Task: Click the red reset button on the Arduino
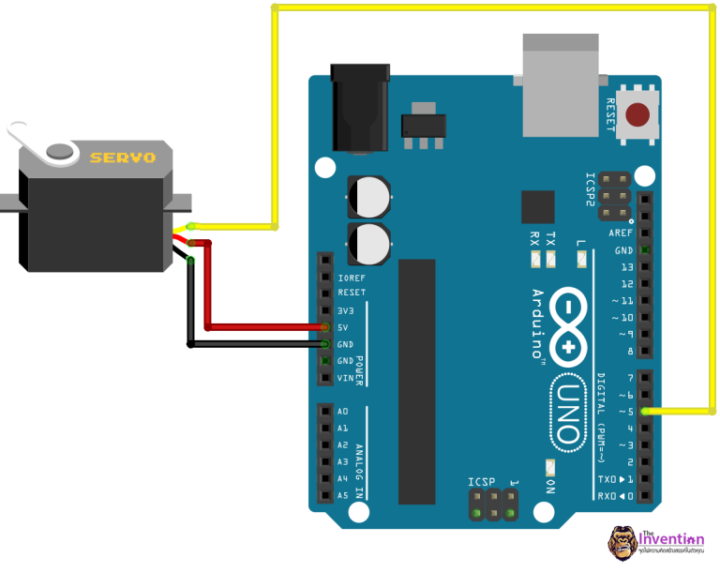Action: tap(638, 115)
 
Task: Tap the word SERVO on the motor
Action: tap(122, 158)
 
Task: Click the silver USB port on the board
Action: tap(560, 84)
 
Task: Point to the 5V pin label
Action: tap(344, 327)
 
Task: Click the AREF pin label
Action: tap(621, 233)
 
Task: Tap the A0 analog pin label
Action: tap(343, 412)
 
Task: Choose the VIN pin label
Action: tap(346, 378)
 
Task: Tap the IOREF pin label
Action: tap(352, 277)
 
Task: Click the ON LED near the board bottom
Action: tap(550, 466)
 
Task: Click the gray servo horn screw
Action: tap(60, 149)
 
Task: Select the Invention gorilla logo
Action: tap(622, 543)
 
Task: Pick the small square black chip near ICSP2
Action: tap(538, 206)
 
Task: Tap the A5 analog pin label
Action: tap(343, 495)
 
